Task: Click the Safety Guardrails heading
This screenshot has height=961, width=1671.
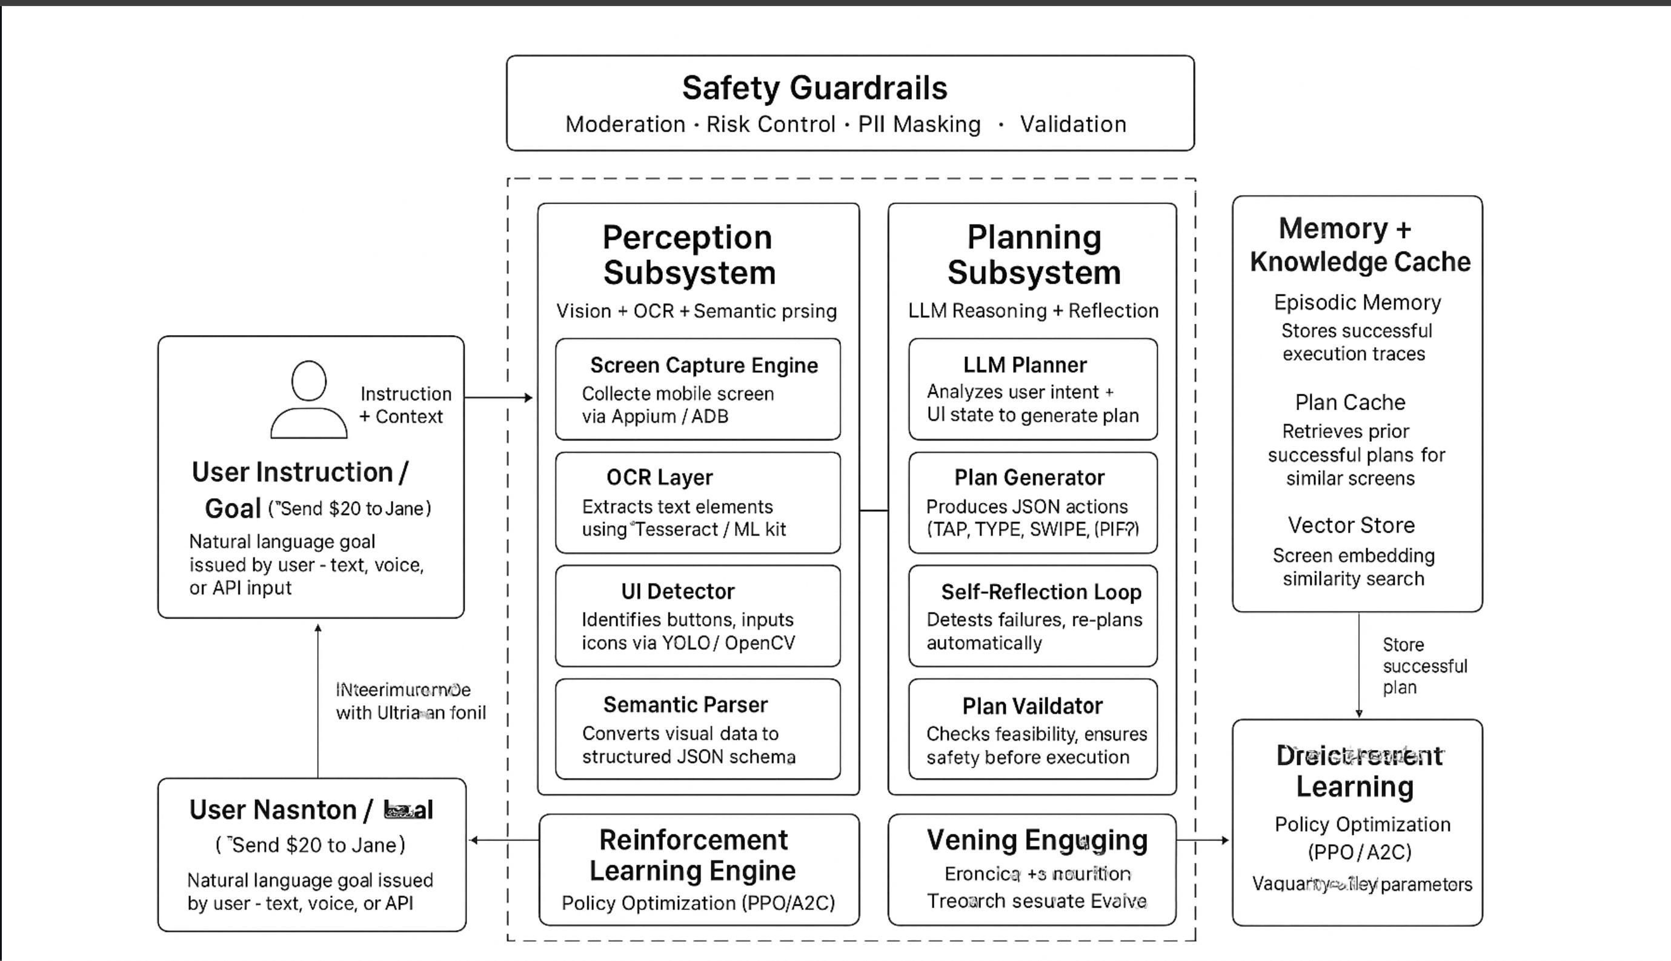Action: point(814,88)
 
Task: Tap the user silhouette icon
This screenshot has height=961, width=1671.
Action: point(309,399)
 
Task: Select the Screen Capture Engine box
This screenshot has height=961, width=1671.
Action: point(697,389)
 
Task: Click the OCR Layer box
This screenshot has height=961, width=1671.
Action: point(697,502)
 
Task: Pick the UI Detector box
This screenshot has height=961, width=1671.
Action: point(697,616)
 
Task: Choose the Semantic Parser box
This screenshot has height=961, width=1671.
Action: point(697,729)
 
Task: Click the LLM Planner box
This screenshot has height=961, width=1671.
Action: point(1033,389)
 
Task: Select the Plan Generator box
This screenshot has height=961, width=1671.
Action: point(1033,502)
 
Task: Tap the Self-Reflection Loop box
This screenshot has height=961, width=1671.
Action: point(1033,616)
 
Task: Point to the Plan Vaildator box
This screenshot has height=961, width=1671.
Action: point(1033,729)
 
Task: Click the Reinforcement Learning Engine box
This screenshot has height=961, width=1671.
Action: point(699,870)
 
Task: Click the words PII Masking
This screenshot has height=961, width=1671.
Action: point(919,124)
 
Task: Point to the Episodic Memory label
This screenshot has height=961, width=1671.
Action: point(1358,302)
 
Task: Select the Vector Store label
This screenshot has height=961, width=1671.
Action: point(1352,525)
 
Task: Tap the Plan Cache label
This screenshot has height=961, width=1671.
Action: point(1350,402)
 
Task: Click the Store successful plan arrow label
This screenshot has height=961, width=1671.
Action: point(1424,666)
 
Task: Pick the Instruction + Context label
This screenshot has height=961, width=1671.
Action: point(405,405)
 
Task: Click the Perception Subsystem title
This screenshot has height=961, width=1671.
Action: point(688,254)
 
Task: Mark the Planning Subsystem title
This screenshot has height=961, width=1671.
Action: point(1034,254)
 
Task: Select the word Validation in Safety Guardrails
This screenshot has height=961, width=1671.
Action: point(1073,124)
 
